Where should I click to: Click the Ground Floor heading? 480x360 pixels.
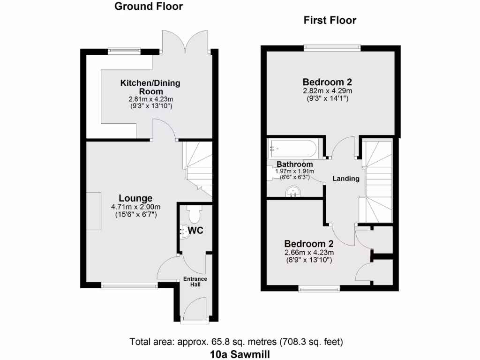149,7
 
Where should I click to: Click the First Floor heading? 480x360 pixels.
330,20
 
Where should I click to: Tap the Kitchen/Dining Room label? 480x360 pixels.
150,87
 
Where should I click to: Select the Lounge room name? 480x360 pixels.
135,198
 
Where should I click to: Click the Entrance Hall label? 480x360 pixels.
195,282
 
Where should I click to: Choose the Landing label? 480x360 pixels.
346,179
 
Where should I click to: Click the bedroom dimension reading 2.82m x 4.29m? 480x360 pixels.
327,91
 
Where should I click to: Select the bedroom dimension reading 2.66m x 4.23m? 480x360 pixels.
309,252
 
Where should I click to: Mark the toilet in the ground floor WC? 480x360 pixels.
194,215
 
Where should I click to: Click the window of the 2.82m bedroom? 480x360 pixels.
332,47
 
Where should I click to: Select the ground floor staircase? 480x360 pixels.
197,166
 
